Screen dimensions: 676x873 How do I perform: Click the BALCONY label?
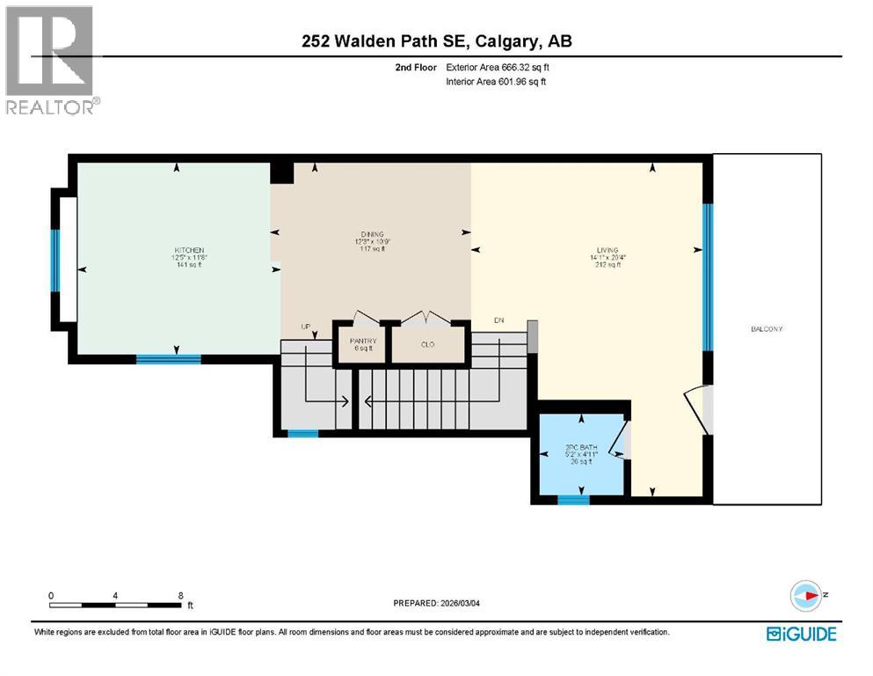tap(767, 329)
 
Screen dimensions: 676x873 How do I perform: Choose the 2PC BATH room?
tap(580, 453)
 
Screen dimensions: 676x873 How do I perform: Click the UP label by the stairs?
tap(307, 327)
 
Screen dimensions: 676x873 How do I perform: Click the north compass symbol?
tap(805, 596)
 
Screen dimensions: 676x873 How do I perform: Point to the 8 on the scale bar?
tap(180, 595)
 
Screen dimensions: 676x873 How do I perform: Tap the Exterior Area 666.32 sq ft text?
tap(499, 67)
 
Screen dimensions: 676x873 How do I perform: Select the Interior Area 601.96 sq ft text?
tap(498, 82)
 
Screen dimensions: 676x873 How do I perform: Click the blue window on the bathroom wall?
tap(573, 500)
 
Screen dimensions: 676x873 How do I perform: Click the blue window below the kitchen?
tap(168, 359)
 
